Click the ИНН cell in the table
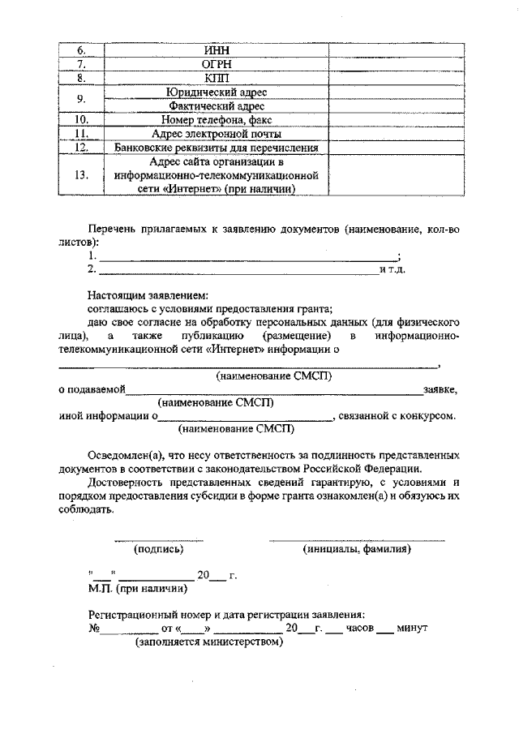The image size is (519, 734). click(217, 50)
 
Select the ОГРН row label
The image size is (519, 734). click(217, 64)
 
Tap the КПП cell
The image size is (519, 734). click(217, 79)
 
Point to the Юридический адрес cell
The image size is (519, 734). click(217, 92)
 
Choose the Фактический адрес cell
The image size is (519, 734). click(217, 106)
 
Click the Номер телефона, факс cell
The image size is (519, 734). click(217, 120)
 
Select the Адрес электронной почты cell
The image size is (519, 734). click(217, 134)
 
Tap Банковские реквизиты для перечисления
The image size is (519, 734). click(217, 148)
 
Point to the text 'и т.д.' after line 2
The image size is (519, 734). click(392, 268)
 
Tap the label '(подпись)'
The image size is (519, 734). click(158, 549)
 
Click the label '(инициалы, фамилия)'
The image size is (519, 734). click(357, 549)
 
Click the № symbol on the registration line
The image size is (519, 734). click(93, 629)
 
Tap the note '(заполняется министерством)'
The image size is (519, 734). click(208, 642)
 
